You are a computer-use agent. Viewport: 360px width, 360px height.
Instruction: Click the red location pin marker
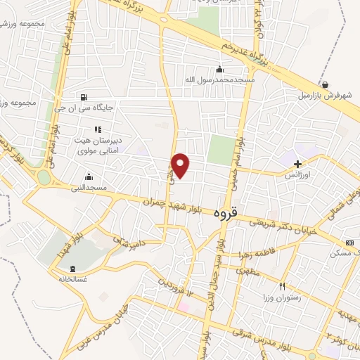[181, 165]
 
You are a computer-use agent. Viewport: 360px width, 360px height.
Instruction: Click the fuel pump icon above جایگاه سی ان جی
[85, 97]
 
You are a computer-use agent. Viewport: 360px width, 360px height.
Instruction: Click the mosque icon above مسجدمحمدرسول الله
[220, 69]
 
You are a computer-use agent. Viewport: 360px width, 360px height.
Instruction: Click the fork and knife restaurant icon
[282, 286]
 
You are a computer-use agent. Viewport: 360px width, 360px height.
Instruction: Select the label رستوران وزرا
[281, 297]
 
